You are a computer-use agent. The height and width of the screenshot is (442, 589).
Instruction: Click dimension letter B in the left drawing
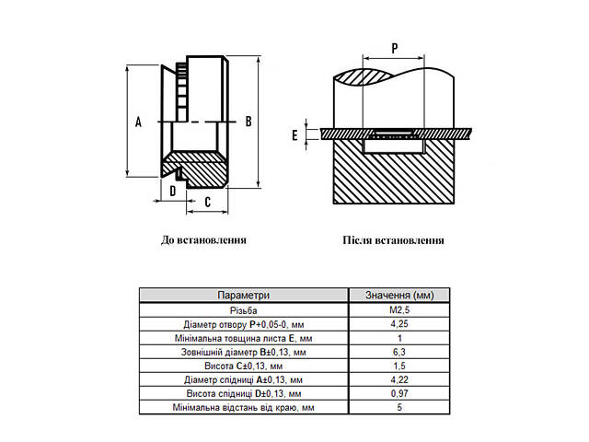248,121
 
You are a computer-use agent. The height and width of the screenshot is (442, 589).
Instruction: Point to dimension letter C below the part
209,202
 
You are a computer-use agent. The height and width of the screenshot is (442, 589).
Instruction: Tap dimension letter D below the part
172,191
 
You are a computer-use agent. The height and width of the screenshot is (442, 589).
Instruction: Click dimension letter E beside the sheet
294,135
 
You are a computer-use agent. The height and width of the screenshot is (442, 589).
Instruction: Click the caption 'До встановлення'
203,239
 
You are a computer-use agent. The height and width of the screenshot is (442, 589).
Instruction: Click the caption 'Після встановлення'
393,240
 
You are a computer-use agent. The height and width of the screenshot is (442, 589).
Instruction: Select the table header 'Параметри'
243,296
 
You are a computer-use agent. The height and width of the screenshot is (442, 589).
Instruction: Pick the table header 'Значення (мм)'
398,296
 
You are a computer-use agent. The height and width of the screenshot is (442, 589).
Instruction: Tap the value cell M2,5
398,310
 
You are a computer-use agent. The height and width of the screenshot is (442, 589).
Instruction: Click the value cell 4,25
398,324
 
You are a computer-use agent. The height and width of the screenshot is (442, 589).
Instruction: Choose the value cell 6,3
398,352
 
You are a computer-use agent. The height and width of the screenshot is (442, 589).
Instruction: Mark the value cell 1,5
398,366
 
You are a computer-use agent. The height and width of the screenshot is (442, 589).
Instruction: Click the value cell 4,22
398,379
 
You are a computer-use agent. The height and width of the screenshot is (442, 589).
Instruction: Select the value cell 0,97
398,393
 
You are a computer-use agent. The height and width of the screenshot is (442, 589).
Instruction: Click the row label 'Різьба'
243,310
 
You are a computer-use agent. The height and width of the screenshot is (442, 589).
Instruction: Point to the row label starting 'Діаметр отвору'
243,324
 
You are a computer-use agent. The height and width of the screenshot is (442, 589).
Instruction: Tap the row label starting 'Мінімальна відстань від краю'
243,407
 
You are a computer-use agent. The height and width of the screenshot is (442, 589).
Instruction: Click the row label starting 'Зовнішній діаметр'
243,352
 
